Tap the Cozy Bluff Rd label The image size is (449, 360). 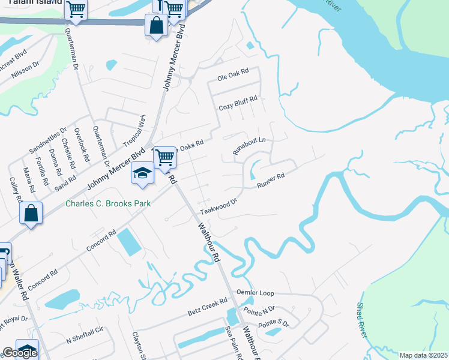click(x=238, y=103)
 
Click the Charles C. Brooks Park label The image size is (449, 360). click(x=108, y=203)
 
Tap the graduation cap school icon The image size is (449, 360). click(x=142, y=173)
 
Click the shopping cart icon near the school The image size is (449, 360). click(x=164, y=158)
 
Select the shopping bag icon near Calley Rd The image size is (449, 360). click(x=31, y=213)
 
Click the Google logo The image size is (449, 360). click(x=20, y=353)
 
